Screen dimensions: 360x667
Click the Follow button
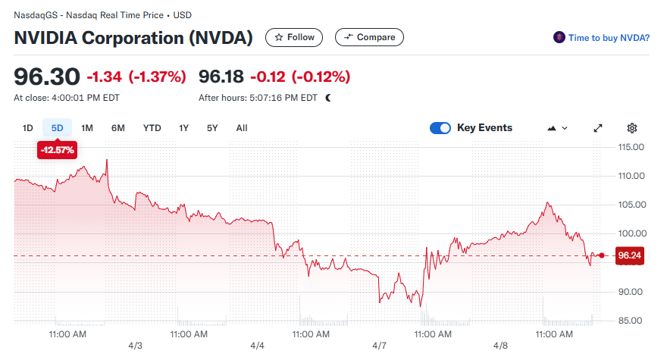click(x=294, y=37)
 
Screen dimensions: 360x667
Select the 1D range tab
click(x=27, y=128)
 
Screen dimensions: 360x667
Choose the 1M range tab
click(x=87, y=128)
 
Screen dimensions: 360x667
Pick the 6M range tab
click(x=117, y=128)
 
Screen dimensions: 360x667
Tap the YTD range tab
click(x=152, y=128)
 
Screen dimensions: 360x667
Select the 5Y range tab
click(x=212, y=128)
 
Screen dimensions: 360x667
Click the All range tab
click(x=241, y=128)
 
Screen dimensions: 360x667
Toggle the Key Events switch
click(x=440, y=128)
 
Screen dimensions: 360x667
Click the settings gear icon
click(x=632, y=128)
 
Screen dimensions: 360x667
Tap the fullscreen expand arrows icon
click(x=598, y=128)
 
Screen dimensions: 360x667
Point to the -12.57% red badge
click(x=58, y=150)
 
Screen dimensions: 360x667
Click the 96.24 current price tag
click(x=630, y=256)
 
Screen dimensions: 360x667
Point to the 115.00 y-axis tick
click(x=631, y=147)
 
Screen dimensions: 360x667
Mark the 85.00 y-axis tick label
click(x=631, y=321)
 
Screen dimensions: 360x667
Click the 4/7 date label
click(x=379, y=346)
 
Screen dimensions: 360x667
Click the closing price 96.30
click(x=46, y=77)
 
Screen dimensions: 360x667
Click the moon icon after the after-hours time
click(x=328, y=98)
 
